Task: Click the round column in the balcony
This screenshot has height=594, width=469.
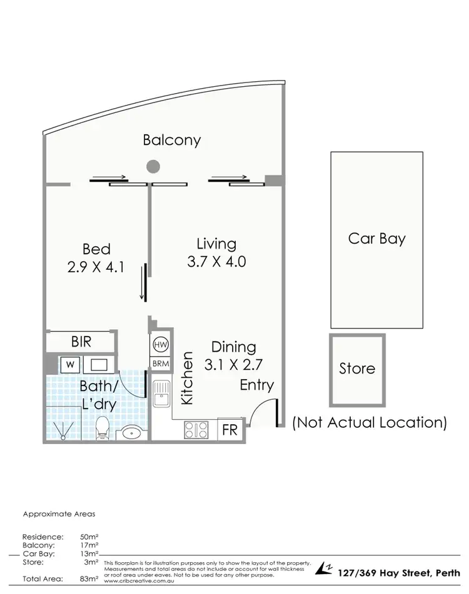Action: pyautogui.click(x=153, y=166)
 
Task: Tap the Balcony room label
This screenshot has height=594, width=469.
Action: pyautogui.click(x=172, y=139)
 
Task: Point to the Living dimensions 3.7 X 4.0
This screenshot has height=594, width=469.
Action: pyautogui.click(x=216, y=261)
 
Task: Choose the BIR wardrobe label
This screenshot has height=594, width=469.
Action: pyautogui.click(x=81, y=342)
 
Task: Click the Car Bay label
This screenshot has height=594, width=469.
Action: pyautogui.click(x=376, y=238)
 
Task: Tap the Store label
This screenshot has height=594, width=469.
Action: pyautogui.click(x=357, y=369)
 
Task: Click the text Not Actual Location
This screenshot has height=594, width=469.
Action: pyautogui.click(x=369, y=422)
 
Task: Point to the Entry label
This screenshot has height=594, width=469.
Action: pyautogui.click(x=256, y=385)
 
